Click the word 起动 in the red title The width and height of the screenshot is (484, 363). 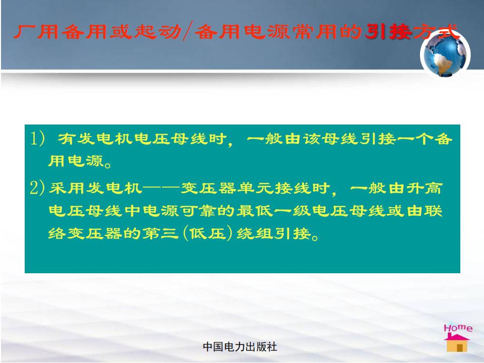[x=158, y=31]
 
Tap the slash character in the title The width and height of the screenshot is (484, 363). [x=188, y=31]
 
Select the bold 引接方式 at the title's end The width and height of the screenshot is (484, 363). [x=411, y=31]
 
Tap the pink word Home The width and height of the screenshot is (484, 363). [x=458, y=328]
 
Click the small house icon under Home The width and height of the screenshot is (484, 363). [x=457, y=343]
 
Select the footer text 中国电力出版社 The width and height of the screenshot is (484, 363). [x=240, y=347]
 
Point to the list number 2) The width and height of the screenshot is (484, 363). [x=37, y=188]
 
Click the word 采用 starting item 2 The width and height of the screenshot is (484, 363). [x=67, y=188]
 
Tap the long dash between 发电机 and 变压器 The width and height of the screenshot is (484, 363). [x=161, y=188]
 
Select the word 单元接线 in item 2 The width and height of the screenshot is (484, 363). [x=274, y=188]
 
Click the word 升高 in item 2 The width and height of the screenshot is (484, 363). [x=425, y=188]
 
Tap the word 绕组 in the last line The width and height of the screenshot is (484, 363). [x=255, y=233]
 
